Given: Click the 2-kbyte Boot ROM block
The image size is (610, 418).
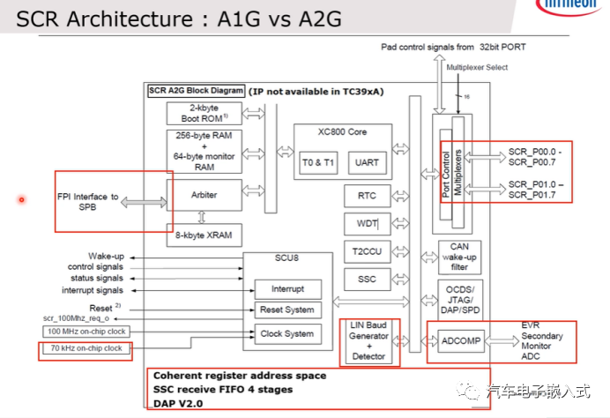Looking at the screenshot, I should (x=205, y=113).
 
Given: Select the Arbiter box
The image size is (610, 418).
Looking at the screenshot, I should (x=205, y=195).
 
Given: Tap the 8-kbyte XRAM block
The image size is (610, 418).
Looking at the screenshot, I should (x=205, y=235).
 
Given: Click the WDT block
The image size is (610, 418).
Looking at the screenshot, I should (x=368, y=223).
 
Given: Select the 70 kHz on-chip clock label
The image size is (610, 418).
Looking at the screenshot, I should (x=86, y=349).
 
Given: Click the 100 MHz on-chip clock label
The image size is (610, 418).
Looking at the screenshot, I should (x=86, y=331).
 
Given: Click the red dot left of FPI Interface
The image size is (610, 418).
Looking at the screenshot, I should (x=21, y=199).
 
